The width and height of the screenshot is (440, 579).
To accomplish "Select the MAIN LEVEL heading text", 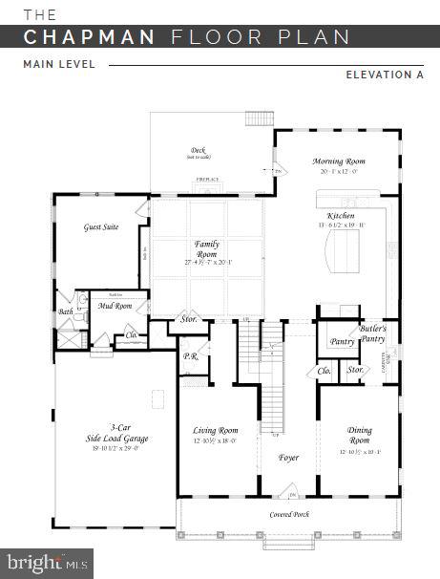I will coord(59,65).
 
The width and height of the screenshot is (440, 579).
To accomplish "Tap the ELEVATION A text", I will coord(384,74).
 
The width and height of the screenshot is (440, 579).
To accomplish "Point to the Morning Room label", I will coord(339,161).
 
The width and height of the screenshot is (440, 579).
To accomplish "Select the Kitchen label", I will coord(341,217).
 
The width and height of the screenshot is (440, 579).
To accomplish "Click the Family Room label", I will coord(206,249).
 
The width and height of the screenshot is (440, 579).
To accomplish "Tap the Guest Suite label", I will coord(100,228).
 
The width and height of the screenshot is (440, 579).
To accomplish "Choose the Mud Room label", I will coord(115,306).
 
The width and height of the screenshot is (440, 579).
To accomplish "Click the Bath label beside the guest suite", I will coord(66,311).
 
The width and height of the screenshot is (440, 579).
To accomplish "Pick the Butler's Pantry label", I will coord(373,334).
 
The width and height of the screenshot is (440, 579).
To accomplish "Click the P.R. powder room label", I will coord(189,356).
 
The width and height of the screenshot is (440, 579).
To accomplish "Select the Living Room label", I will coord(215,431).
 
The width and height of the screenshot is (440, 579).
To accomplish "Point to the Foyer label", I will coord(288,458).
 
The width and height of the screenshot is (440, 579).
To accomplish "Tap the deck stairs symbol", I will coord(259,118).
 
